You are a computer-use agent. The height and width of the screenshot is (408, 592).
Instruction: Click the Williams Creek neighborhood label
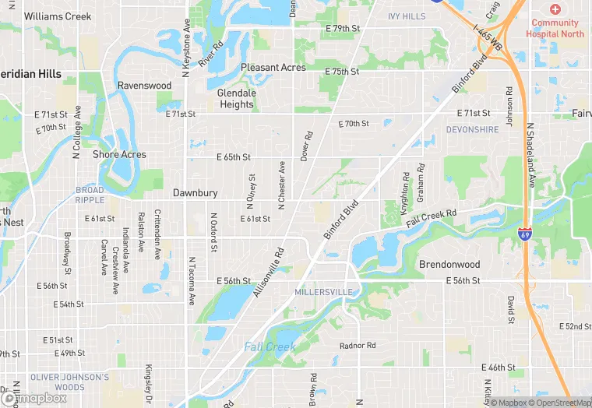tap(58, 16)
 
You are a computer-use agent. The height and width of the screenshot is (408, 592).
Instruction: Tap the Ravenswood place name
tap(144, 85)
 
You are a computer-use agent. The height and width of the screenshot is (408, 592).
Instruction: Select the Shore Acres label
tap(119, 154)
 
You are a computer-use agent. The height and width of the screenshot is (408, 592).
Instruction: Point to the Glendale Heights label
tap(236, 98)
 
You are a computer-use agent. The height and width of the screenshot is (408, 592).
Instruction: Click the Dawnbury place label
tap(195, 192)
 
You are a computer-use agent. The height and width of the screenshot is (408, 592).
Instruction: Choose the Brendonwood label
tap(449, 264)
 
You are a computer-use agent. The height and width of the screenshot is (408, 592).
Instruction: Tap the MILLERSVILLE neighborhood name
tap(323, 292)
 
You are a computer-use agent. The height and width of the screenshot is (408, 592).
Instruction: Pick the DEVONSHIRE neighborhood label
tap(473, 129)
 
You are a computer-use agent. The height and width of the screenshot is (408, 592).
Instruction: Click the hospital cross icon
tap(555, 9)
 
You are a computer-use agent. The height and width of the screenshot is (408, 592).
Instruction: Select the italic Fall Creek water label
tap(270, 346)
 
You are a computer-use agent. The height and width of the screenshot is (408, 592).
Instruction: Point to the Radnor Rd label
tap(358, 345)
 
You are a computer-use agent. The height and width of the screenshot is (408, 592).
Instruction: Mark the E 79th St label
tap(343, 29)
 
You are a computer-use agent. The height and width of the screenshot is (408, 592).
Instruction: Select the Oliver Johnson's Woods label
tap(69, 382)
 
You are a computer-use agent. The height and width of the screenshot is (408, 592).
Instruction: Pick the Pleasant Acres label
tap(273, 68)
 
